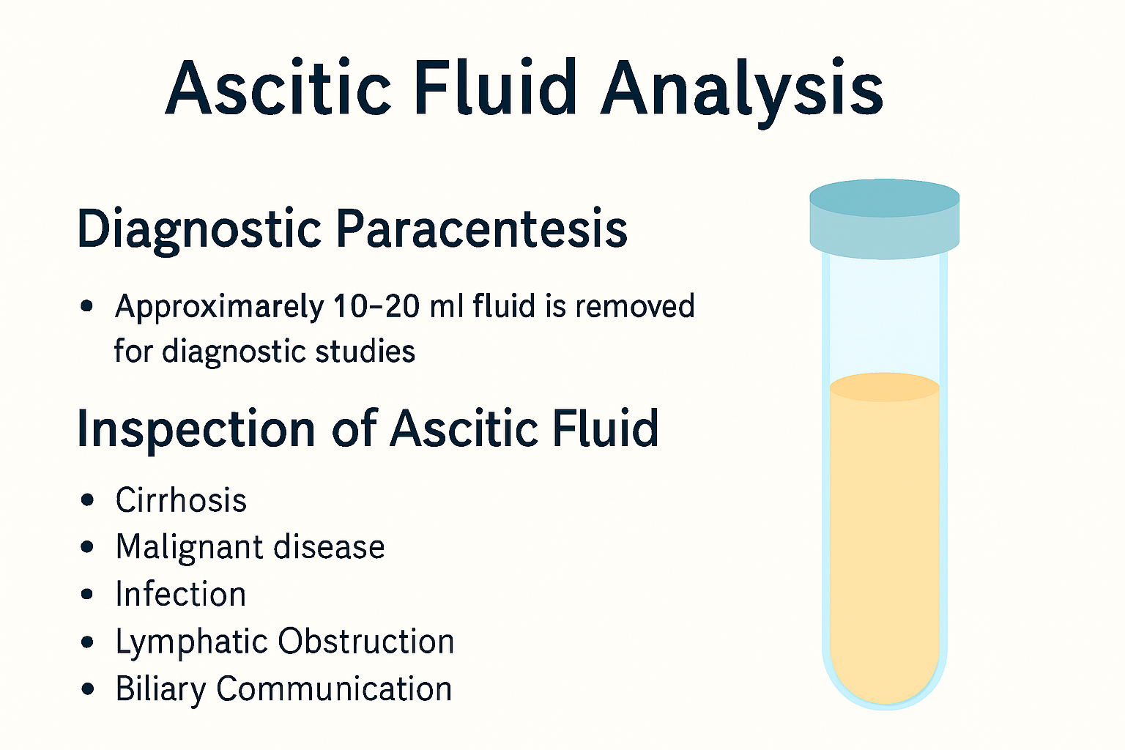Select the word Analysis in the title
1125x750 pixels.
click(741, 89)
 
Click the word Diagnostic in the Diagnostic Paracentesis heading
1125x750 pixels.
click(199, 229)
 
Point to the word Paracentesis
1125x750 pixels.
click(481, 229)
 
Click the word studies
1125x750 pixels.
click(365, 352)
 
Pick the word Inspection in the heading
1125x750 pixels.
click(196, 430)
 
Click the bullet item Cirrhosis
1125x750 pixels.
click(181, 501)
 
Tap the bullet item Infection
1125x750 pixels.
click(180, 595)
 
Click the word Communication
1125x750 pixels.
click(334, 689)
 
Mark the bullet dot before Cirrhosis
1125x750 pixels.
click(88, 501)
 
